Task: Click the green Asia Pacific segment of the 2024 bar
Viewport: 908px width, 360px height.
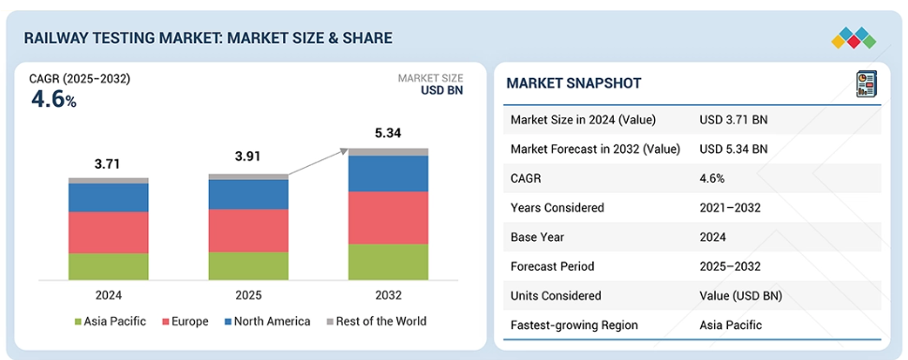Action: (109, 266)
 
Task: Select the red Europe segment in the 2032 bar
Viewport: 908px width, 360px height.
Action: (388, 218)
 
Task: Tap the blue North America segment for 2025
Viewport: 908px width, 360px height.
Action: (248, 194)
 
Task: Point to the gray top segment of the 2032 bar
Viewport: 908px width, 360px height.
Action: (388, 152)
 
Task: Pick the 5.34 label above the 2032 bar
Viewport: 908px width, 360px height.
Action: (388, 134)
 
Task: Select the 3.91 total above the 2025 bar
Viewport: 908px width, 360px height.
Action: (247, 156)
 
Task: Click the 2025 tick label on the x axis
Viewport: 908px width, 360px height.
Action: (248, 295)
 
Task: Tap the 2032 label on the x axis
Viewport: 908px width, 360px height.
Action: (388, 295)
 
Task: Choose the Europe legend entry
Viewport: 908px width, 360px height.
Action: (186, 322)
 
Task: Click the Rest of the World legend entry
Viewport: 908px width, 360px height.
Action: (377, 322)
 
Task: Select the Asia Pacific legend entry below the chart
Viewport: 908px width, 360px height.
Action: (110, 322)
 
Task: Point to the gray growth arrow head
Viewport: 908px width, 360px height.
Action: (343, 152)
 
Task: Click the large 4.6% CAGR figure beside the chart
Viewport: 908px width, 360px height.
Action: (53, 100)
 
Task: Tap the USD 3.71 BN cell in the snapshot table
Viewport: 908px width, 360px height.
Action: (734, 120)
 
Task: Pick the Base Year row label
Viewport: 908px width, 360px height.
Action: (537, 237)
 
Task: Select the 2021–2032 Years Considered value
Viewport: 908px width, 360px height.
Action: (730, 207)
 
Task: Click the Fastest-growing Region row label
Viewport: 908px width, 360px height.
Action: (573, 324)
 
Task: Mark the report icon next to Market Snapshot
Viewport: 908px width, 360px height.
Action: (867, 84)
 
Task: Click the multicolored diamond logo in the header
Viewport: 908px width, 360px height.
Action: (854, 37)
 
